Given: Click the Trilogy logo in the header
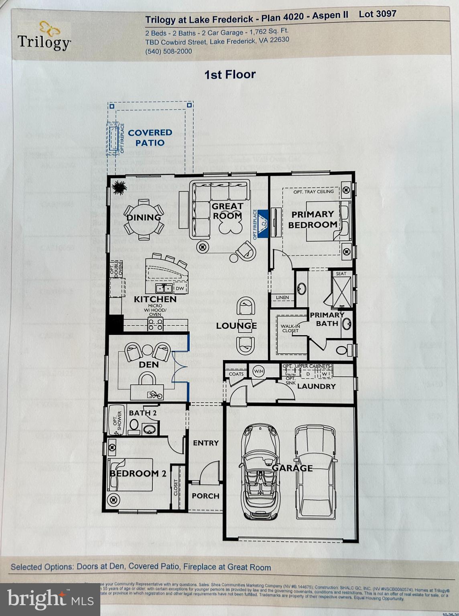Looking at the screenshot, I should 45,36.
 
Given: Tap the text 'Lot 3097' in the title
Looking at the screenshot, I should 377,14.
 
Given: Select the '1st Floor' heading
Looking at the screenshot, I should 230,75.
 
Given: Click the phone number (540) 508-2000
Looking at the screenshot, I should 169,51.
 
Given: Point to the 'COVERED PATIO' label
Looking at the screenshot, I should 150,138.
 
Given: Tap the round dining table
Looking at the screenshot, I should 144,217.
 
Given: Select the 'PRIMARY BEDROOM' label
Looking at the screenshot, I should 313,219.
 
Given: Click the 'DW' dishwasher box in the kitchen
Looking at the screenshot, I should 180,288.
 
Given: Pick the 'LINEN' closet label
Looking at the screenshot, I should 282,298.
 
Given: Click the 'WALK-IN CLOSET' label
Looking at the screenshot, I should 290,328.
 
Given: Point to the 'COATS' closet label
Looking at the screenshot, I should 236,374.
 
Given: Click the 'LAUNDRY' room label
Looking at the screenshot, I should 316,386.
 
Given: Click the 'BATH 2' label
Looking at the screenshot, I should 142,413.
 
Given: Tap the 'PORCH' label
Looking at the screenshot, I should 205,496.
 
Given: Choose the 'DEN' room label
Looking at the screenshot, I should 148,365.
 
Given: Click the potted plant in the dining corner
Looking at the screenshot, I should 119,186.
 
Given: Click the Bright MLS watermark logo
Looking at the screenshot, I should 50,599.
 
